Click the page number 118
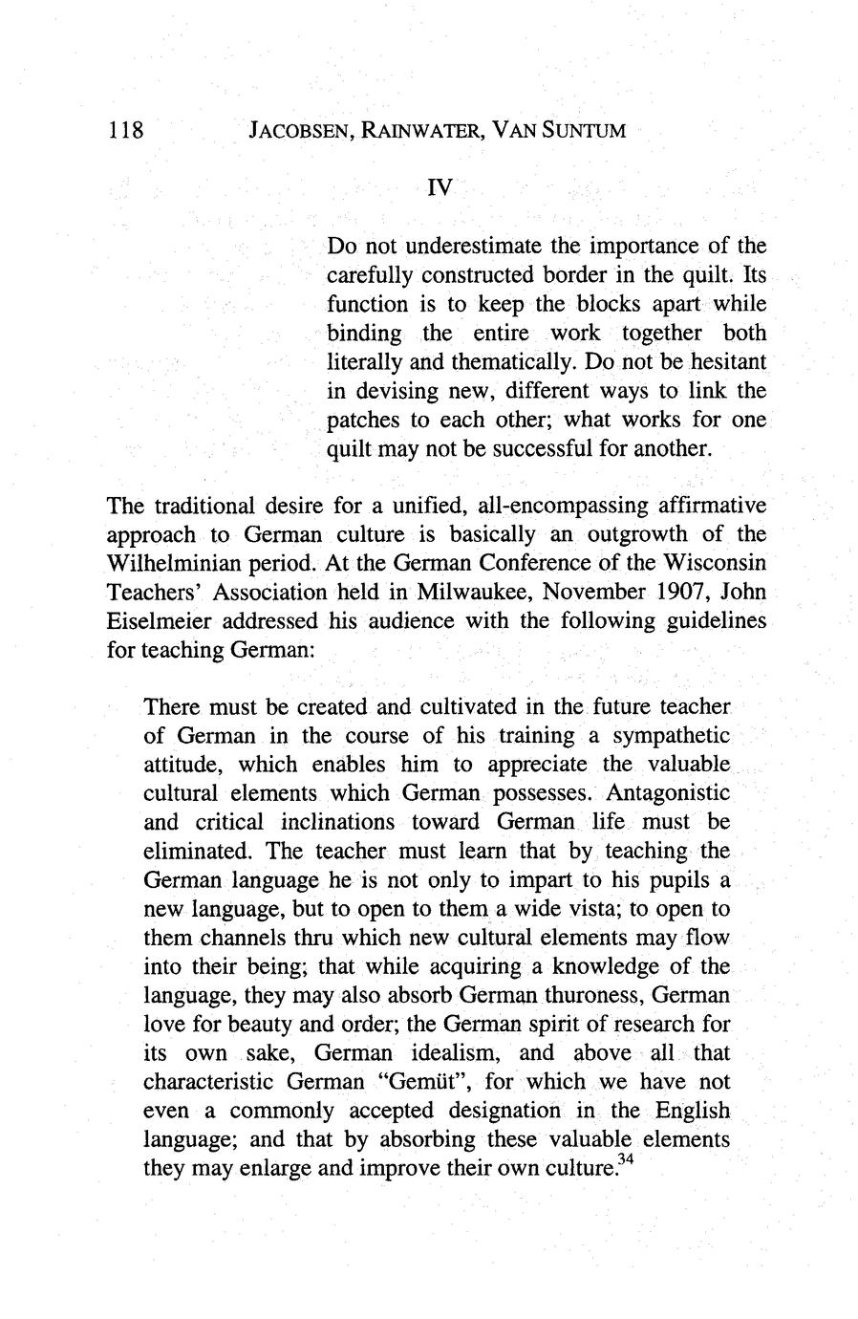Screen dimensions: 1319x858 point(124,129)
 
